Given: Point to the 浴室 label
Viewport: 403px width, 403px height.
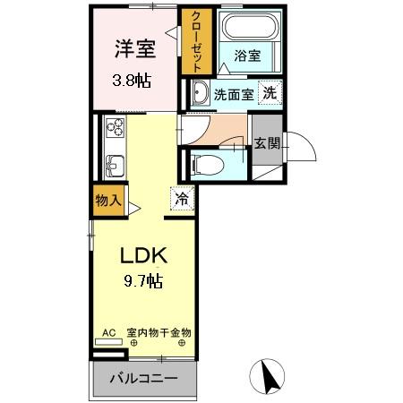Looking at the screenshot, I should (x=247, y=56).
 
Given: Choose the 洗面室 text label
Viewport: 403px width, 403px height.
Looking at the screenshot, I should (x=232, y=93).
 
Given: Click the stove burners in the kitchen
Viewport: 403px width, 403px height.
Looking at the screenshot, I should (x=116, y=129).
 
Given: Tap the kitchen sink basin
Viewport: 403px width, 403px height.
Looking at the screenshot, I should (x=115, y=166).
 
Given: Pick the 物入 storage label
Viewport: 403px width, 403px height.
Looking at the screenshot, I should (x=107, y=200).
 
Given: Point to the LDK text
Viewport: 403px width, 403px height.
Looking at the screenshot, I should (x=144, y=253).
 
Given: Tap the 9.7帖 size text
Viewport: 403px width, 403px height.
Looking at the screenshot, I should (x=143, y=282).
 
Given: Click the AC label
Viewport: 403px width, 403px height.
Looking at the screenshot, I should (x=108, y=333).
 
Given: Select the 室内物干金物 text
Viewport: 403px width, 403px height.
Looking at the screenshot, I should (x=159, y=333).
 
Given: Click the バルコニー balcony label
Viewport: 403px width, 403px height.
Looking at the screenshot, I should (x=143, y=378).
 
